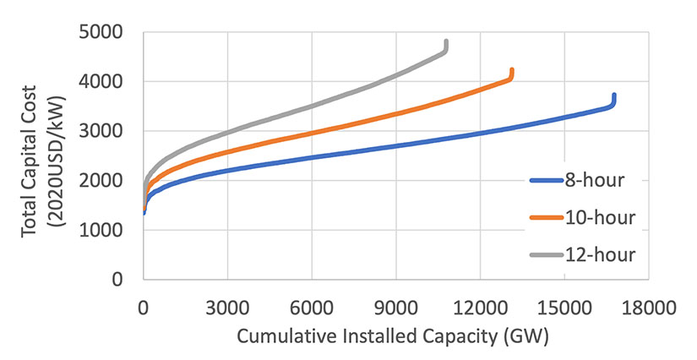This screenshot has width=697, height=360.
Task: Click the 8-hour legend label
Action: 599,180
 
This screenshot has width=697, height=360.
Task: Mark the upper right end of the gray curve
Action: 446,41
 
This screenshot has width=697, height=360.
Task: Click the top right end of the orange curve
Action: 512,70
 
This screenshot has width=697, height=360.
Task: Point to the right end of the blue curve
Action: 614,95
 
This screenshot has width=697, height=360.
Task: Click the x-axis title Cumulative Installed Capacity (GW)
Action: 393,336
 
